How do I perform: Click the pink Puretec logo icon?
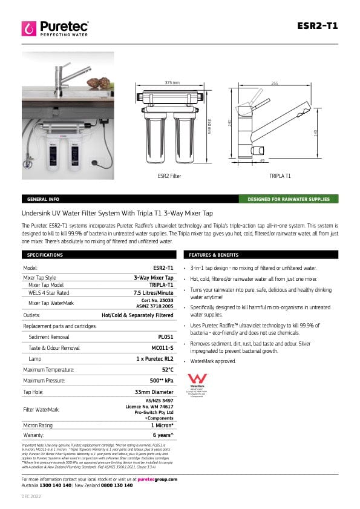coord(28,28)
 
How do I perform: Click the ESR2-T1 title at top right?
coord(318,26)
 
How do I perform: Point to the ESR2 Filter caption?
coord(169,176)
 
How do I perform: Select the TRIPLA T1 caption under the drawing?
coord(280,176)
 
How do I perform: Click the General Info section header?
coord(43,199)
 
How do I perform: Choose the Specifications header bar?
coord(46,255)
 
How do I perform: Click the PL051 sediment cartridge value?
coord(165,337)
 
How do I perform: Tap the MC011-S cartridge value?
coord(162,347)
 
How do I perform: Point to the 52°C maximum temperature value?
coord(168,369)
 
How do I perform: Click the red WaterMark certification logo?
coord(198,379)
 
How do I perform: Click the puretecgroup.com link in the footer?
coord(157,479)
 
